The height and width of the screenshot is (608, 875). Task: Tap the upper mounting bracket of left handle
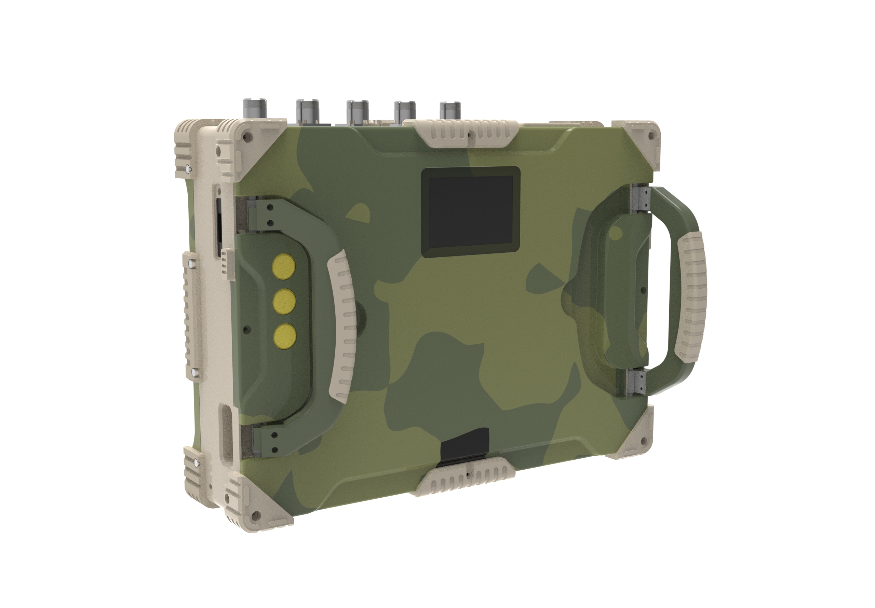(263, 215)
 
